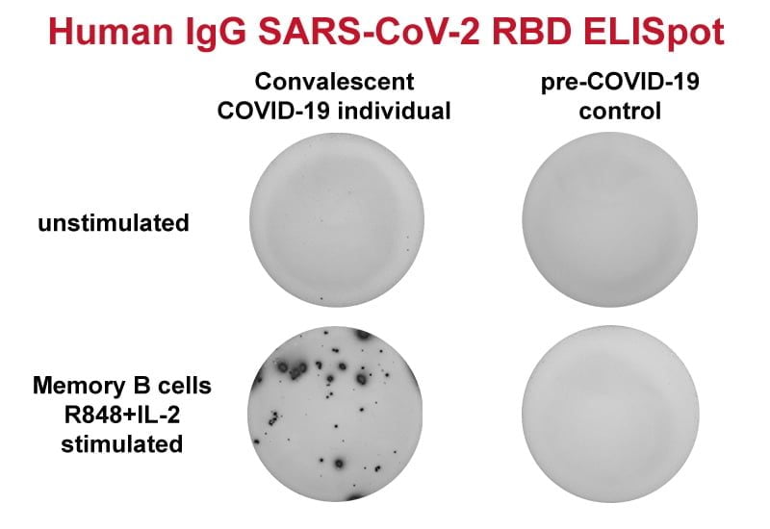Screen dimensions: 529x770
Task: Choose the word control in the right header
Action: (x=619, y=110)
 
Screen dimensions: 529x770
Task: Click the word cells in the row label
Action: (x=181, y=387)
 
